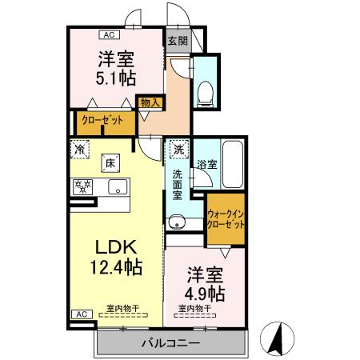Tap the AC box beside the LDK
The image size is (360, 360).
(80, 314)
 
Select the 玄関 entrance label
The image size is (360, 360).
(177, 40)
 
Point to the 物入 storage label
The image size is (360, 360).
(150, 102)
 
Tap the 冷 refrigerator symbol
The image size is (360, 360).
(81, 148)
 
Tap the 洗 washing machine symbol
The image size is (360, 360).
(178, 148)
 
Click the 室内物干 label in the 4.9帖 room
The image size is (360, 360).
(194, 308)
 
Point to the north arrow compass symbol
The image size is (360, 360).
(276, 336)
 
